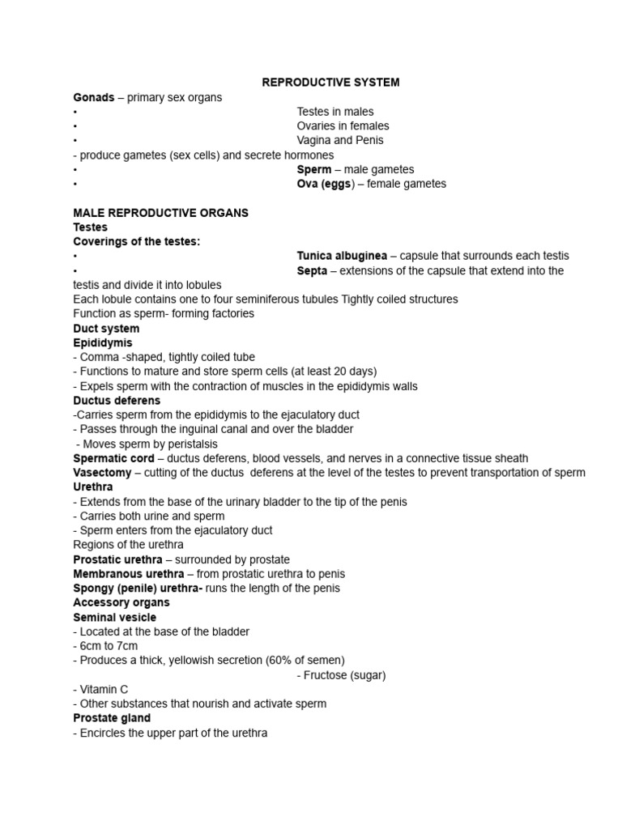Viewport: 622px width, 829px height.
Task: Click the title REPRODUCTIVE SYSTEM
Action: point(330,83)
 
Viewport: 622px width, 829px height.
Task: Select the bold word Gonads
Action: point(93,97)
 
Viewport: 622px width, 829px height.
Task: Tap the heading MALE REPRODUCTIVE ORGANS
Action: point(160,213)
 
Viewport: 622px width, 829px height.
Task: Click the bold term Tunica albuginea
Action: point(341,256)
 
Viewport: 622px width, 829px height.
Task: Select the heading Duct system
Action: point(106,329)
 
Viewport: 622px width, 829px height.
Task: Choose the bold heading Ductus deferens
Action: point(117,401)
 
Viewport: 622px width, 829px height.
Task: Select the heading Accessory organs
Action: point(121,603)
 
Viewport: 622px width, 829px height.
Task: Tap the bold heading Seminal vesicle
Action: point(114,618)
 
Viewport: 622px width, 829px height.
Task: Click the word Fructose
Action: point(325,675)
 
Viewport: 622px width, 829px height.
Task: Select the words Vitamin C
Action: point(104,690)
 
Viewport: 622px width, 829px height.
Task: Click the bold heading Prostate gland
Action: point(112,718)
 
